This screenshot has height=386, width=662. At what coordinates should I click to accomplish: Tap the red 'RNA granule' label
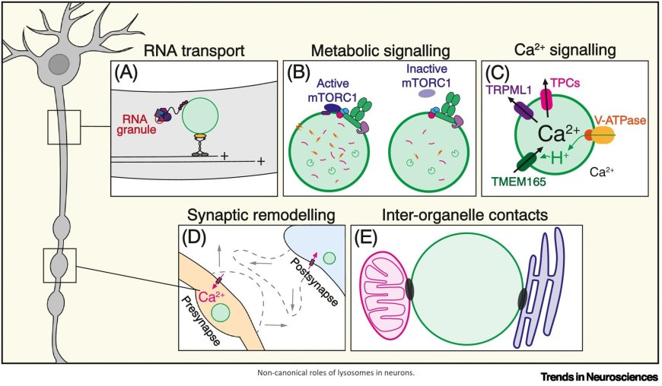[x=138, y=123]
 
